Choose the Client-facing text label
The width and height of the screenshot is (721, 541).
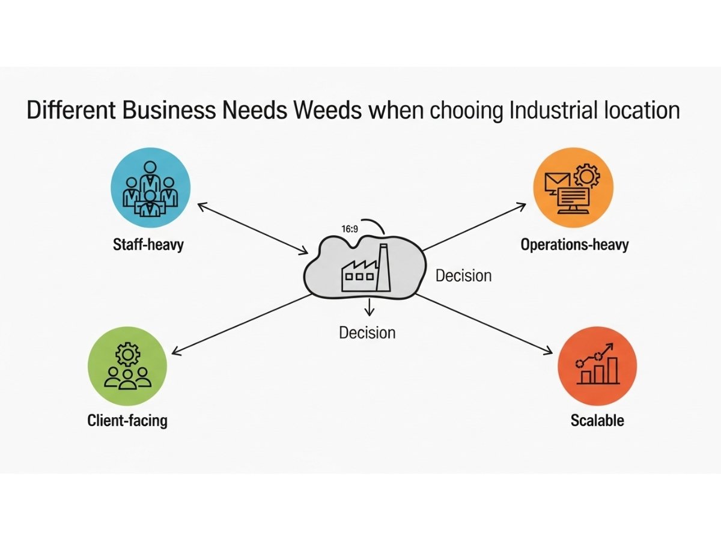127,420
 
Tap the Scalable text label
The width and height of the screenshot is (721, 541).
597,420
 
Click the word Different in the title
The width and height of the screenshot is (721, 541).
64,111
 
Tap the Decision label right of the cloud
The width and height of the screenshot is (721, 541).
463,275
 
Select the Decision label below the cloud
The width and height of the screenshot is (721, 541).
367,332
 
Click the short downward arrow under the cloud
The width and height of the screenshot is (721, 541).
369,307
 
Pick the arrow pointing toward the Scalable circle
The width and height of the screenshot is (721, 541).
487,324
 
